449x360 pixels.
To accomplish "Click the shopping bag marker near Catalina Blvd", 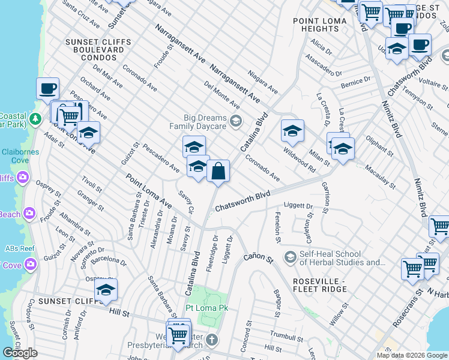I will coord(218,171).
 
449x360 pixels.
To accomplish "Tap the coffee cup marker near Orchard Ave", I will coord(48,89).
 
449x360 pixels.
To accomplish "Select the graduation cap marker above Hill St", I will coord(106,290).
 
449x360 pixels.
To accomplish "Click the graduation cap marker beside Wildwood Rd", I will coord(292,131).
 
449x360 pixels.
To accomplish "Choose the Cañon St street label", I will coord(258,257).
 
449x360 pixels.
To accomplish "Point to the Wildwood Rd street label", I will coord(299,160).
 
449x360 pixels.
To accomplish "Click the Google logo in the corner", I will coord(20,353).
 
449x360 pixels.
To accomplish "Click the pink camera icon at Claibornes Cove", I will coord(23,177).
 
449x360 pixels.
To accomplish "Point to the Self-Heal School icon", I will coord(290,257).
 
